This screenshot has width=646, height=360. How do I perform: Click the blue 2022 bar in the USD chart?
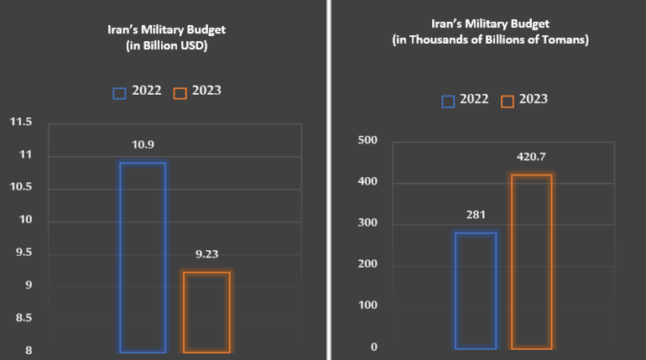(x=143, y=257)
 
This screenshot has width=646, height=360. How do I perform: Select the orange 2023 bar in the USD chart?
(x=206, y=312)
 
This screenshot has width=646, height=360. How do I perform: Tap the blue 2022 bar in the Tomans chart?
(x=476, y=290)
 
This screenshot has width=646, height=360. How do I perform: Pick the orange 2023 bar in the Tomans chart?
(x=532, y=262)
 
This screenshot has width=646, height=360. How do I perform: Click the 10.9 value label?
(x=143, y=145)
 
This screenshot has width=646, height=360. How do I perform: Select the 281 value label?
(x=476, y=215)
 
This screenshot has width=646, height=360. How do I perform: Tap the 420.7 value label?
(x=532, y=156)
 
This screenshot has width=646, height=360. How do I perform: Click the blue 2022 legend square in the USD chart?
(x=118, y=91)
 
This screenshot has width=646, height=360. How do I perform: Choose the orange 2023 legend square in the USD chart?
(x=179, y=91)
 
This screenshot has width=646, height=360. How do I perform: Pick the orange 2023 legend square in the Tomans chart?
(x=507, y=101)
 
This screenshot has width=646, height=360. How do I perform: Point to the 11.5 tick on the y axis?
(x=20, y=123)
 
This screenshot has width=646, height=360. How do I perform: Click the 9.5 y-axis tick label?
(x=23, y=253)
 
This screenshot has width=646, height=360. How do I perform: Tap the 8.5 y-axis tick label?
(x=23, y=318)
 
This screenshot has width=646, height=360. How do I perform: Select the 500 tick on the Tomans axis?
(x=367, y=140)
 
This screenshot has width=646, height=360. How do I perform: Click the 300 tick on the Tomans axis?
(x=367, y=223)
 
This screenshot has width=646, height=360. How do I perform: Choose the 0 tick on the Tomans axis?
(x=374, y=347)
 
